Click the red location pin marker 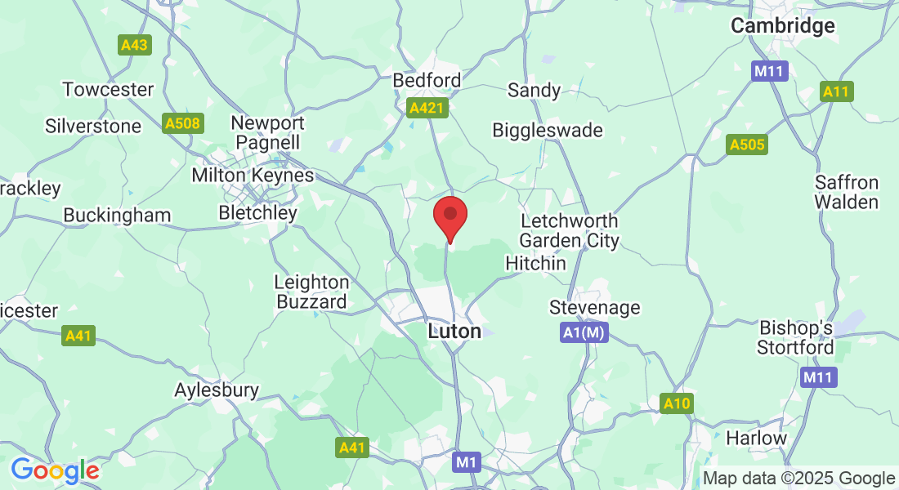click(449, 216)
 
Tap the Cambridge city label click(782, 26)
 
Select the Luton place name click(454, 332)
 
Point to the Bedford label click(427, 81)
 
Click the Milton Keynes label click(253, 176)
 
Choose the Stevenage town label click(594, 308)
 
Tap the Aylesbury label click(217, 390)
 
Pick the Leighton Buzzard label click(311, 292)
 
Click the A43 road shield click(134, 45)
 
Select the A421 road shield click(428, 108)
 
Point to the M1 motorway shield click(466, 463)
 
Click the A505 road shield click(747, 145)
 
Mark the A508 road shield click(181, 124)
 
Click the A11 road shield click(836, 92)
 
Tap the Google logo click(55, 470)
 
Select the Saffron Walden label click(846, 192)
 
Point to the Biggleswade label click(548, 131)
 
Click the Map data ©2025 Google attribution click(799, 479)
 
